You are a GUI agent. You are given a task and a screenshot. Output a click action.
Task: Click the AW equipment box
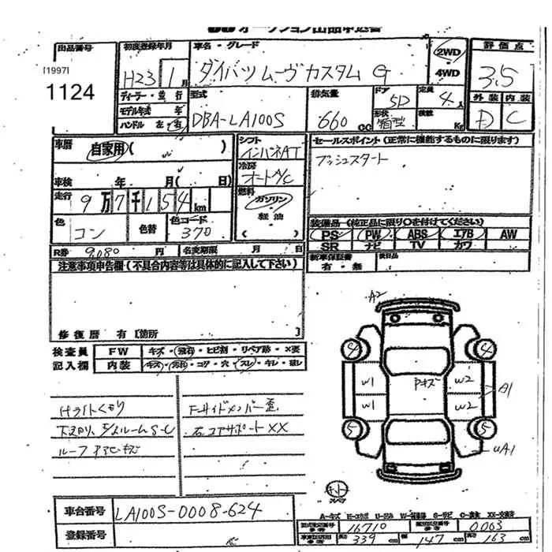coord(507,234)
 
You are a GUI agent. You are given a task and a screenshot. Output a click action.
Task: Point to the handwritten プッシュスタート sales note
coord(351,159)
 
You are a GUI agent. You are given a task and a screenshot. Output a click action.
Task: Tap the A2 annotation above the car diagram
coord(373,297)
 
